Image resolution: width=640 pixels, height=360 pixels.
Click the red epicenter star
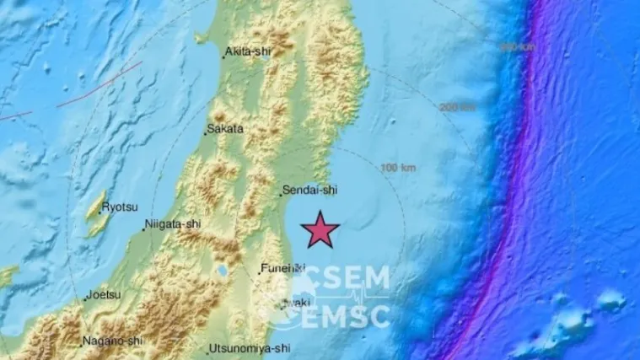(x=320, y=229)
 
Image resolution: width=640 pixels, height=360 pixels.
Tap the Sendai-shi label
(x=311, y=191)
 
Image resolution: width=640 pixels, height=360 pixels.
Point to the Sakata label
(x=226, y=129)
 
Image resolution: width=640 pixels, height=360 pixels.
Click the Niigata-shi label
(x=174, y=223)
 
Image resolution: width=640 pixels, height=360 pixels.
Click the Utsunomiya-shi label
(x=251, y=347)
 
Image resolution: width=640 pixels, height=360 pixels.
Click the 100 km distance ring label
(x=400, y=169)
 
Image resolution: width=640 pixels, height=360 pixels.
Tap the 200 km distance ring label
(x=458, y=107)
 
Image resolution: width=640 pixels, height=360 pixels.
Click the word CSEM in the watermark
(x=347, y=278)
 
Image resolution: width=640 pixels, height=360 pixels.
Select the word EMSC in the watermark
(x=347, y=317)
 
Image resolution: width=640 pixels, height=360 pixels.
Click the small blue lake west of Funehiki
(x=222, y=272)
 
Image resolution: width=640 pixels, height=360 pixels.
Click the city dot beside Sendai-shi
(x=281, y=194)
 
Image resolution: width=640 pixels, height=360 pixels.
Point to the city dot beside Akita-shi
(x=223, y=56)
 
